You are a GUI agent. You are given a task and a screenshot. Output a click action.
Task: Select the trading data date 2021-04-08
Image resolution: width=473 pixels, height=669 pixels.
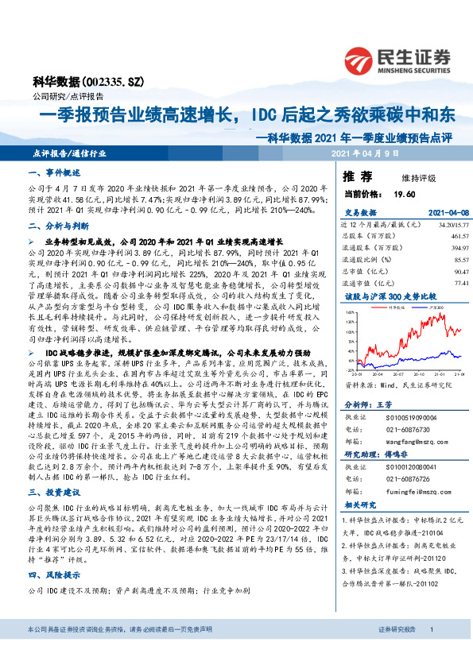click(x=442, y=213)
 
